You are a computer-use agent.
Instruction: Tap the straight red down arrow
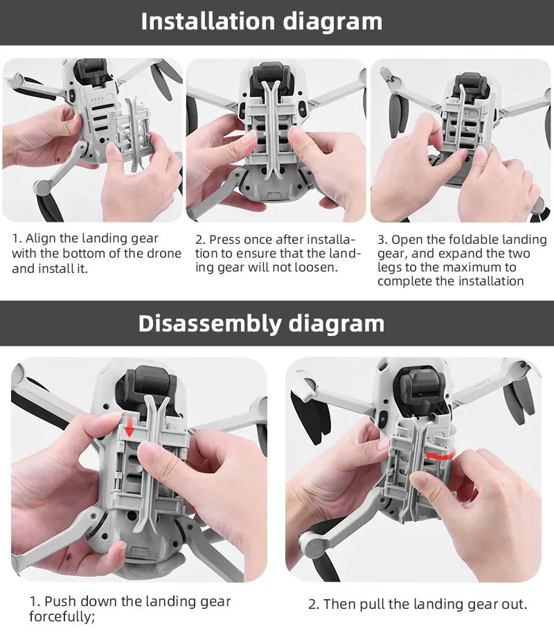coord(129,427)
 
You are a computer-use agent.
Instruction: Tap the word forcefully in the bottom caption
coord(61,616)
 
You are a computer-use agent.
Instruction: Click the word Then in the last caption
coord(338,605)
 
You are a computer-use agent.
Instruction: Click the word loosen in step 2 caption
coord(317,267)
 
